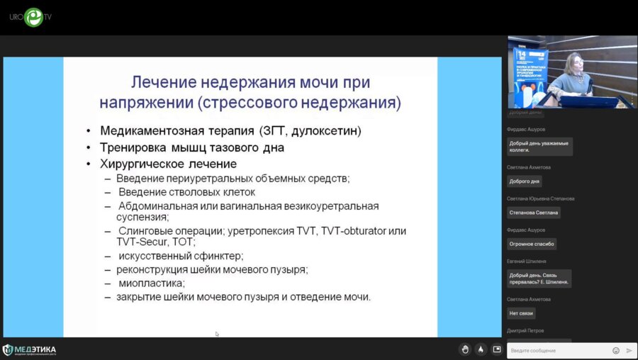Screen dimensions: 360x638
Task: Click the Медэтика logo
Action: [x=30, y=349]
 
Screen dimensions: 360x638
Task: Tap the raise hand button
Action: [x=465, y=349]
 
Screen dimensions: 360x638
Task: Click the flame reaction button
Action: [x=481, y=349]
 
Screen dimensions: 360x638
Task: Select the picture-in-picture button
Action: [x=497, y=349]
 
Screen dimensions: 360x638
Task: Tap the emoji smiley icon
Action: [x=616, y=350]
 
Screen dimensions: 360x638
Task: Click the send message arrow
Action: [x=629, y=350]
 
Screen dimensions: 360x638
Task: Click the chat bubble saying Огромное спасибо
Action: [x=532, y=244]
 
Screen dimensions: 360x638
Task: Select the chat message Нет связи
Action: [x=521, y=313]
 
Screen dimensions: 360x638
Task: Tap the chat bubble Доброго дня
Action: [x=525, y=181]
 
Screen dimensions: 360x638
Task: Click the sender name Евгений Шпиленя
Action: [x=527, y=261]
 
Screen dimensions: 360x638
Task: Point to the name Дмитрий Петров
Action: [x=525, y=331]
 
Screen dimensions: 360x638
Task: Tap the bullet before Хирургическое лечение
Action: [x=88, y=164]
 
